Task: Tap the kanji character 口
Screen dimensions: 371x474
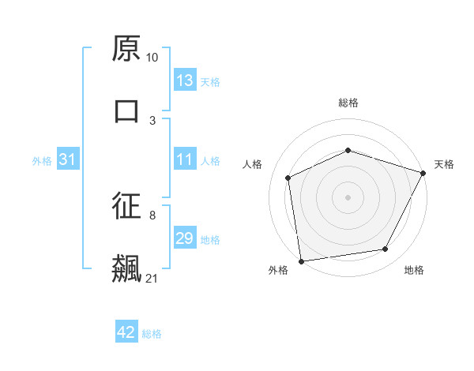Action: (127, 111)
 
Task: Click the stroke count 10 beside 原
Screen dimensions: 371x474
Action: (152, 58)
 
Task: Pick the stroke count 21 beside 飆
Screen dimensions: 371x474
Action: (152, 278)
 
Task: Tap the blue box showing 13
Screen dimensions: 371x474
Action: (185, 81)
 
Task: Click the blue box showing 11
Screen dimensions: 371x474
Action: (185, 160)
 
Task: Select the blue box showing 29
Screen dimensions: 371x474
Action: (185, 239)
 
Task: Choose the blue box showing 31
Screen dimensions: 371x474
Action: (68, 160)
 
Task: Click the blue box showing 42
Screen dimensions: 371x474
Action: (126, 333)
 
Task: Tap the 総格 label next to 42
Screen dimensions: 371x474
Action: (152, 334)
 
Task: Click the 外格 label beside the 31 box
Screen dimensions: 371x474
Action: (42, 161)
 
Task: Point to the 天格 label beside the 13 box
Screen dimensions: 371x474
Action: (210, 81)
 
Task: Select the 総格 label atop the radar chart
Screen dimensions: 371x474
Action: (348, 103)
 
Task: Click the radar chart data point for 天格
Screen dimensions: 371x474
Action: (423, 173)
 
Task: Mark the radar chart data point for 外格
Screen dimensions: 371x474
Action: (301, 260)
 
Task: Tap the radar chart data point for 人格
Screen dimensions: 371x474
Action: (288, 178)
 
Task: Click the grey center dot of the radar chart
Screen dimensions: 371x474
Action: (348, 197)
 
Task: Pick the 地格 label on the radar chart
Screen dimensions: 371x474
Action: (414, 270)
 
